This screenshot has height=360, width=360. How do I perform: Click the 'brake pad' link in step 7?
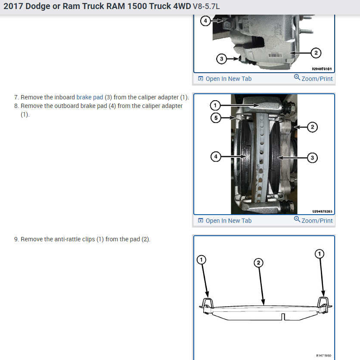[x=90, y=98]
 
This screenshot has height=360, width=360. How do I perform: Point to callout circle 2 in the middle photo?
[x=313, y=127]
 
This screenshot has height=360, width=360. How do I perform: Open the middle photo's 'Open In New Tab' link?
[x=225, y=221]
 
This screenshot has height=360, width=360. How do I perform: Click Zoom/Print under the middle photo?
[x=313, y=220]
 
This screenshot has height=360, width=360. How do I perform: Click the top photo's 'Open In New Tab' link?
[x=225, y=79]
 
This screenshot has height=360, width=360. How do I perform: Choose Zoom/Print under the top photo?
[x=313, y=78]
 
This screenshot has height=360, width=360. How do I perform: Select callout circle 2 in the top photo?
[x=316, y=53]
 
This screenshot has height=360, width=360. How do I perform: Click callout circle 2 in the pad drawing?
[x=258, y=262]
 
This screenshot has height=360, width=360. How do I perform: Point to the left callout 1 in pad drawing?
[x=201, y=259]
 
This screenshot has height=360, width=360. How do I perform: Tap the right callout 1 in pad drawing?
[x=319, y=254]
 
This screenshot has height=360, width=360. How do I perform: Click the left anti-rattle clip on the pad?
[x=207, y=303]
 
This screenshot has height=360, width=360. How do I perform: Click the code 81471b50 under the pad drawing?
[x=323, y=356]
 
